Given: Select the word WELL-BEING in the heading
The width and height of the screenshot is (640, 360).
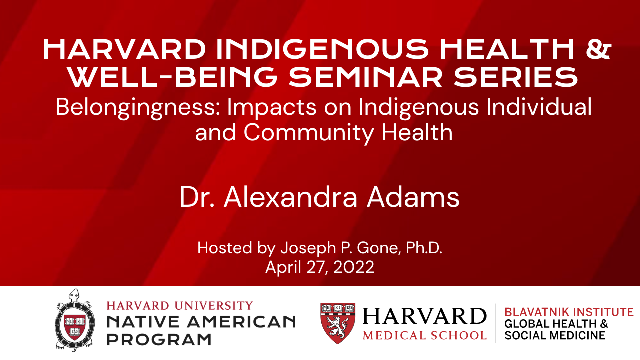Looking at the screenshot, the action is tap(173, 77).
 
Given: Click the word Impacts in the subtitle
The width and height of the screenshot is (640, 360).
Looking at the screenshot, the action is tap(272, 108).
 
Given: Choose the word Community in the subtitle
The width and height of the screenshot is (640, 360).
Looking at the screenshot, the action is tap(309, 133).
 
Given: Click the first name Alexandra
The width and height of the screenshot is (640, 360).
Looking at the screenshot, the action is tap(290, 197).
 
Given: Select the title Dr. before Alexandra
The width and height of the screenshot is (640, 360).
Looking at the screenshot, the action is tap(197, 197).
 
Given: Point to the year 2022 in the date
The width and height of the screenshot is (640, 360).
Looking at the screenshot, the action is tap(353, 267).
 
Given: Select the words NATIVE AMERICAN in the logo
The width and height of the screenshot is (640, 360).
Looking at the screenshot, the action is tap(201, 322).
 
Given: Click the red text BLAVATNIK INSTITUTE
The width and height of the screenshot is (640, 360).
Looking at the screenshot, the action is tap(569, 312).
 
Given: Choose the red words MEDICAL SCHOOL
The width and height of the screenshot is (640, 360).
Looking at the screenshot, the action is tap(425, 335).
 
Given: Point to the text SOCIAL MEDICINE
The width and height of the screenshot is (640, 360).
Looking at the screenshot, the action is tap(555, 335).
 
